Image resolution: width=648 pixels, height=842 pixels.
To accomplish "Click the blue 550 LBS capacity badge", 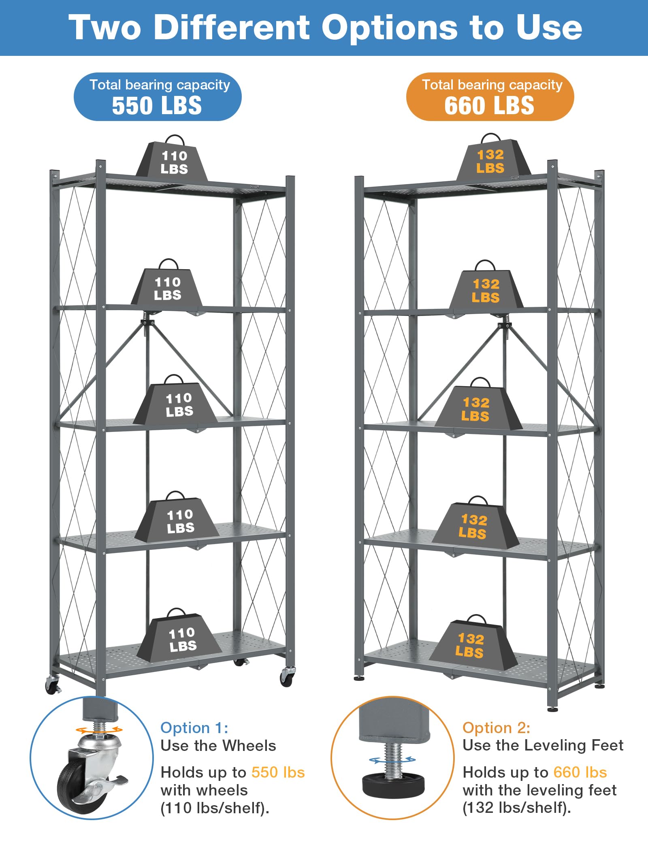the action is point(158,97).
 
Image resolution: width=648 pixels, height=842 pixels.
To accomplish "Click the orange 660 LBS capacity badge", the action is point(490,97).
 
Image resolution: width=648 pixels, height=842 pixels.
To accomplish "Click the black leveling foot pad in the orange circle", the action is point(393,784).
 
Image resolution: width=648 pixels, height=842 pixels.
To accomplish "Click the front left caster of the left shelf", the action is point(52,685).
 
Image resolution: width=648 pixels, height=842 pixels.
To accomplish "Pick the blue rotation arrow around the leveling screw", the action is point(392,760).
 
